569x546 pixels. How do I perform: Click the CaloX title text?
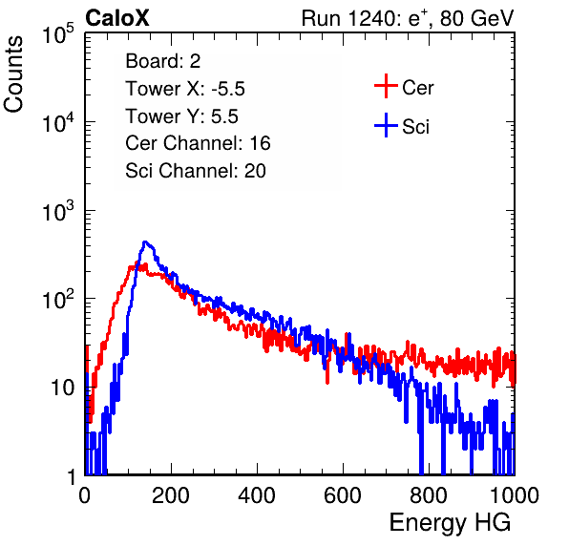[x=117, y=18]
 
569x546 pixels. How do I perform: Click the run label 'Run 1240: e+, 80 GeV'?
[x=408, y=18]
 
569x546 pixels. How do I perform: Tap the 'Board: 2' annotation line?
[x=163, y=61]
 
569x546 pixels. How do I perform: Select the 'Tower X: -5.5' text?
[x=185, y=89]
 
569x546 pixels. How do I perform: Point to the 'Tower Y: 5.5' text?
[x=181, y=116]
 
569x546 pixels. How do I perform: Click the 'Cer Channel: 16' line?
[x=198, y=143]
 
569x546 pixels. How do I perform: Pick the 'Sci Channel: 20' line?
[x=196, y=171]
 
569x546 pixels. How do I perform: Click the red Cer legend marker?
[x=386, y=86]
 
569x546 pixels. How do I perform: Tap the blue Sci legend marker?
[x=386, y=125]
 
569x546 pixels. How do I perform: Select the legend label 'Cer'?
[x=417, y=88]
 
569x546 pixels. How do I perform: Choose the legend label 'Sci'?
[x=415, y=127]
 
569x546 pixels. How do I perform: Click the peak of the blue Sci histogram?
[x=145, y=241]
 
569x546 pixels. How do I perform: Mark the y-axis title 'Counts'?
[x=13, y=74]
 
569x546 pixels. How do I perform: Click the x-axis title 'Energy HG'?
[x=450, y=522]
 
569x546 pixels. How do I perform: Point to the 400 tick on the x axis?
[x=257, y=495]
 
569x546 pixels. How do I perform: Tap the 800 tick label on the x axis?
[x=429, y=495]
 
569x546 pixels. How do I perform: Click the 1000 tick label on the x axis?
[x=515, y=495]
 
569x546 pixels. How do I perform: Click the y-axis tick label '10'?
[x=63, y=388]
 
